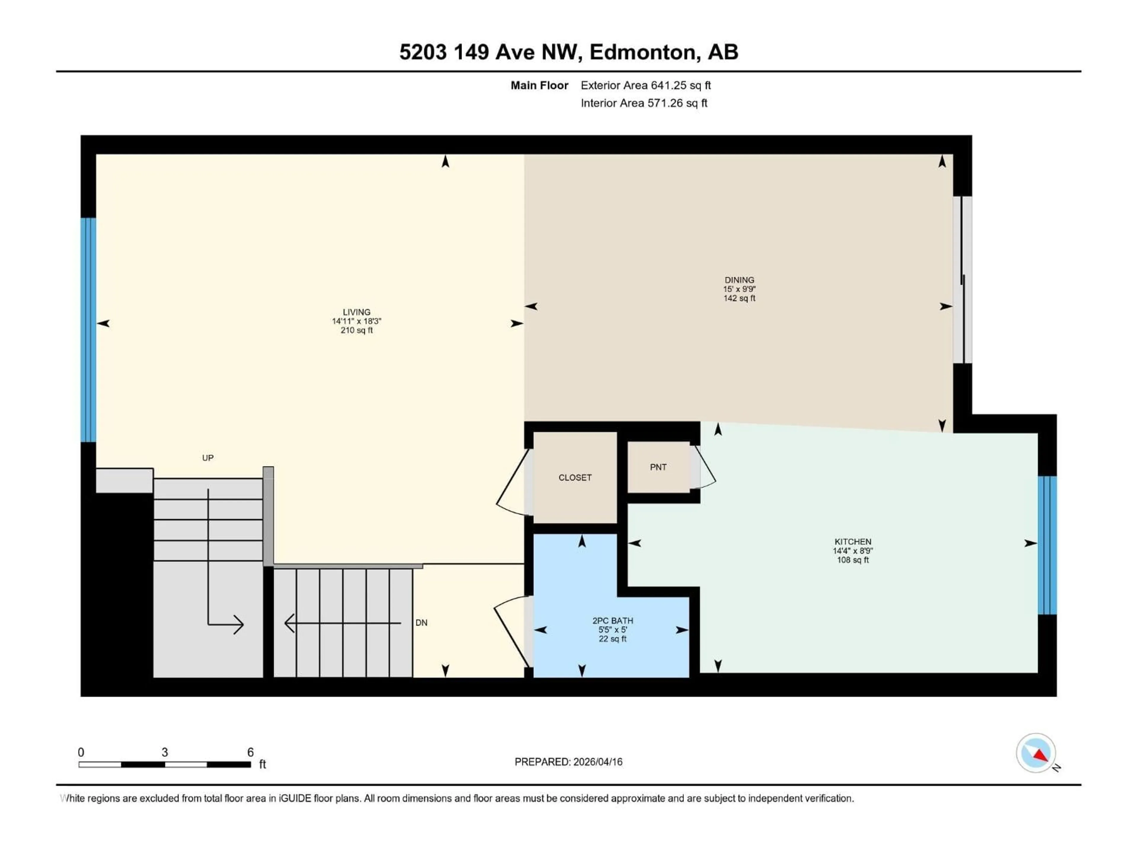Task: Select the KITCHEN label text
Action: click(853, 541)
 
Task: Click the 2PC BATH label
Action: click(612, 621)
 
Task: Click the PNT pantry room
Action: click(658, 467)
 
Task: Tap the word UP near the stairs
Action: click(207, 458)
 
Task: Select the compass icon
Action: click(1036, 753)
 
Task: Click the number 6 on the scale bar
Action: click(250, 752)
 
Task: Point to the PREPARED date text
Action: click(568, 762)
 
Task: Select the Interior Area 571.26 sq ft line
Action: click(644, 103)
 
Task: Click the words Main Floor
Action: click(539, 85)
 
